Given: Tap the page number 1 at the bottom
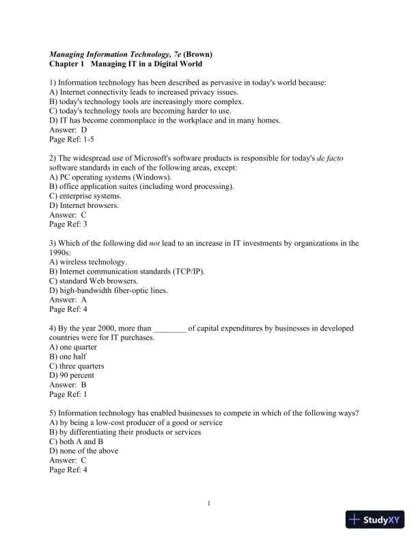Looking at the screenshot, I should (x=209, y=504).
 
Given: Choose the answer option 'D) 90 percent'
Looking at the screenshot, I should (x=72, y=375).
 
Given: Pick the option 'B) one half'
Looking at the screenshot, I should (x=68, y=357).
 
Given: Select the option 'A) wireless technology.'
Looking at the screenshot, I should (x=88, y=261).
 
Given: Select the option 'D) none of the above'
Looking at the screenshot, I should (x=84, y=451).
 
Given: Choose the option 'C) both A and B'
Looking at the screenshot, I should (x=76, y=442).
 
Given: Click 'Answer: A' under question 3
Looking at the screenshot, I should (x=68, y=299).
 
